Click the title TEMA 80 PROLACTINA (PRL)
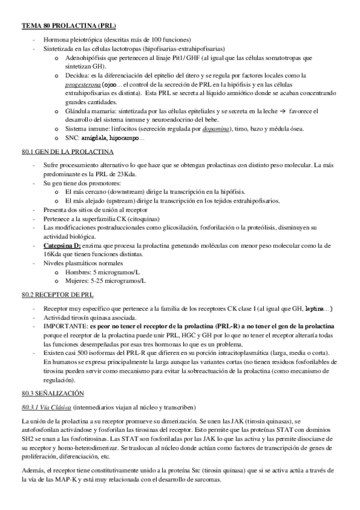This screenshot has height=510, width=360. point(69,26)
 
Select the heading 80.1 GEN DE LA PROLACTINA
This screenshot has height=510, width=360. point(65,153)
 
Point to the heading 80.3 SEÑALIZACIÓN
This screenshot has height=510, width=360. point(52,392)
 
